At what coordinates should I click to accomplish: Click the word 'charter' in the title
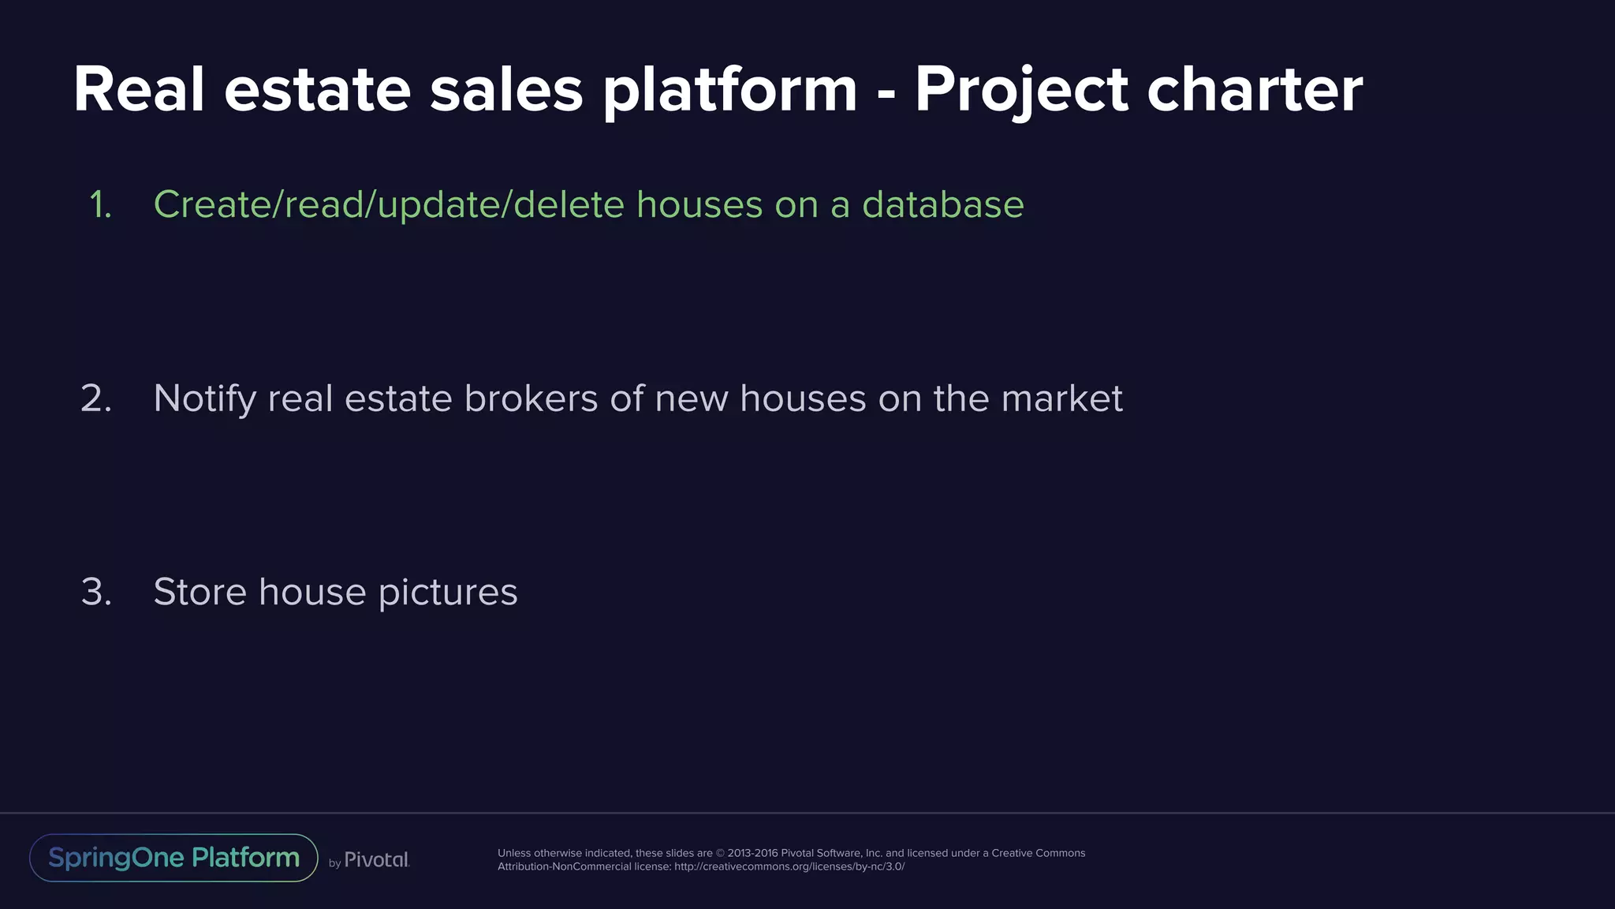1254,90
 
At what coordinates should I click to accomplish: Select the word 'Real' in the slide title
139,90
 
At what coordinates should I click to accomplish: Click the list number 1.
100,205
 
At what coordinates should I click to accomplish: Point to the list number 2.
96,398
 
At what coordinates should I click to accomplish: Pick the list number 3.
96,592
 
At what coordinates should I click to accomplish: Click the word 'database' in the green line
942,204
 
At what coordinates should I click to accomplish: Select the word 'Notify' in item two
204,399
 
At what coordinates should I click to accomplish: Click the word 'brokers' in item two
531,398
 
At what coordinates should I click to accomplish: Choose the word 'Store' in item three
200,592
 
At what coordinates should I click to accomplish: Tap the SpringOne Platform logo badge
173,858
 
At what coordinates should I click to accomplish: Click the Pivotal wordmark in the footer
377,860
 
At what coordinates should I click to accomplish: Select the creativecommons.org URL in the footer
789,866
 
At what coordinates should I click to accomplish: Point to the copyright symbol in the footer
720,853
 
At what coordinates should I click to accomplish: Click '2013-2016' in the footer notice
752,853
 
